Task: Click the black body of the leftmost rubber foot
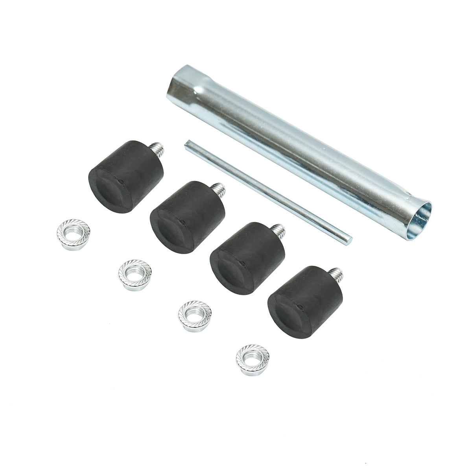118,181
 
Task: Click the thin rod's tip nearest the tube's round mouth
349,237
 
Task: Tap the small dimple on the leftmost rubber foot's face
122,181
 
